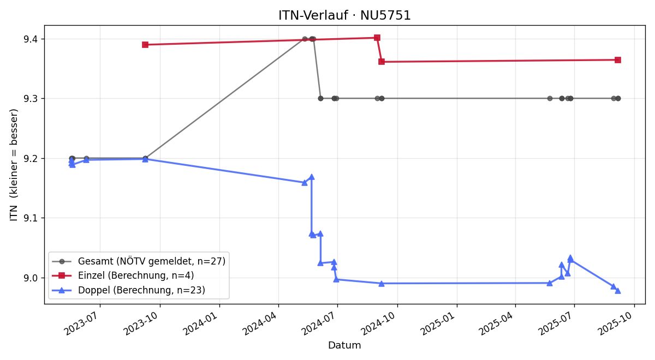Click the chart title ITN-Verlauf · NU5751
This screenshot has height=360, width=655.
click(344, 15)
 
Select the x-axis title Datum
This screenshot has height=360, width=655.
click(344, 345)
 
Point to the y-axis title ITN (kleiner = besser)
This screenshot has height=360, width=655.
click(14, 165)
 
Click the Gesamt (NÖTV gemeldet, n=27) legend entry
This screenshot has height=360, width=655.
click(139, 261)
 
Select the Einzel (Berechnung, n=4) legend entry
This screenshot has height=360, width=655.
click(123, 275)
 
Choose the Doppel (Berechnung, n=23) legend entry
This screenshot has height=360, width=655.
click(129, 290)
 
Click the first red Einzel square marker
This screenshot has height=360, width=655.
click(145, 45)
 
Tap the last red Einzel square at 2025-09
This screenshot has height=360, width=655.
click(618, 60)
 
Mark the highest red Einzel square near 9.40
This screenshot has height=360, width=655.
click(377, 38)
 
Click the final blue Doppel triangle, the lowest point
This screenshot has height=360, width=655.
click(618, 291)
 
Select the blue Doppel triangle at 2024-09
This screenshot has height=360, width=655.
click(382, 284)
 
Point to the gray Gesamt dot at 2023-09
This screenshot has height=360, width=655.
click(145, 158)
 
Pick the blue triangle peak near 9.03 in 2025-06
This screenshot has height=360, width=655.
click(570, 257)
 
